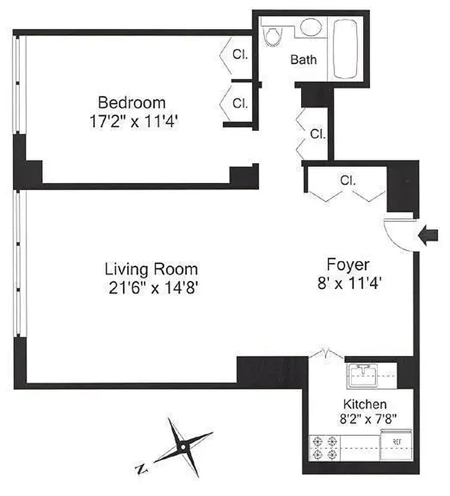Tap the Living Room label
(151, 270)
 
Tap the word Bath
(304, 60)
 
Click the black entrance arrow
(429, 236)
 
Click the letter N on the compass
(142, 467)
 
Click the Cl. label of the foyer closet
(348, 181)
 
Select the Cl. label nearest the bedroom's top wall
(240, 54)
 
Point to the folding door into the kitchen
(326, 354)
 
